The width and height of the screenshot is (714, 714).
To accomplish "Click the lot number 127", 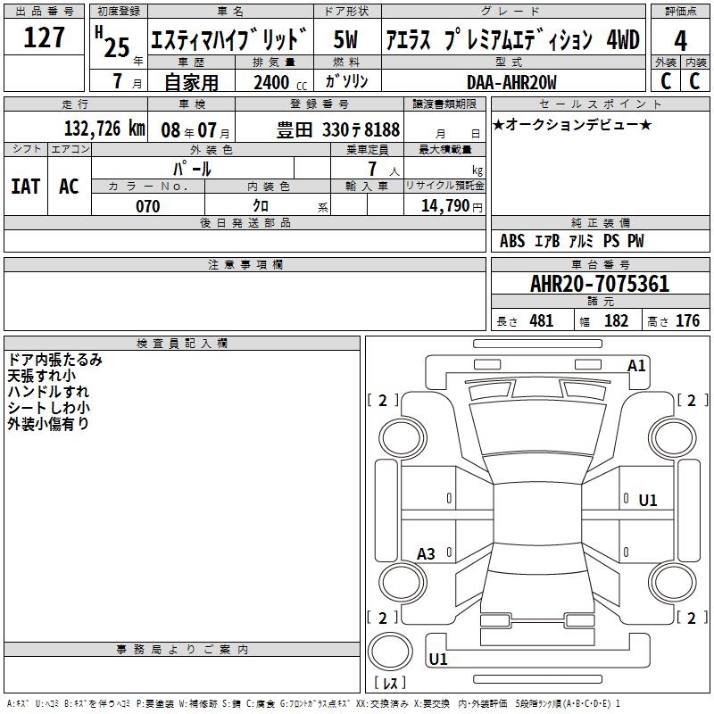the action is pos(44,37).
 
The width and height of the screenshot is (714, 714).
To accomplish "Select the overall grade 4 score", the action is pos(680,41).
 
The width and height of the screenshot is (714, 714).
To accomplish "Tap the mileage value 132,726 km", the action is pos(104,129).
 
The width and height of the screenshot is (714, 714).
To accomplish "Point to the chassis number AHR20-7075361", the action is pos(600,284).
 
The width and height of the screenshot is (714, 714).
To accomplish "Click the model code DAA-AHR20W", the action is pos(511,82).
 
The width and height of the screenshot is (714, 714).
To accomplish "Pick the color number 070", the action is pos(147,206).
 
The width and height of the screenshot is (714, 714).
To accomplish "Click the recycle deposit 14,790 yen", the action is pos(452,206).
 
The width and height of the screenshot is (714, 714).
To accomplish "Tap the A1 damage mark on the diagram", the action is pos(636,366).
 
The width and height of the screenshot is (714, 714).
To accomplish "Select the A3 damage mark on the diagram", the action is pos(426,554).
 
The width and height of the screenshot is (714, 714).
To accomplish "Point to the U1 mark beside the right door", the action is pos(648,501).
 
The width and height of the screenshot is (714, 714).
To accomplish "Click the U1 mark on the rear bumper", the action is pos(438,659).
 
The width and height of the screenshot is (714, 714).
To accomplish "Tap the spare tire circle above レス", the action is pos(390,652).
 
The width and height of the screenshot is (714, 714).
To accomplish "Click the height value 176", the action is pos(687,320).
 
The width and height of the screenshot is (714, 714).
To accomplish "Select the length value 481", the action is pos(542,320).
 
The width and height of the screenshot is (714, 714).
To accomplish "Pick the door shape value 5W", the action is pos(345,39).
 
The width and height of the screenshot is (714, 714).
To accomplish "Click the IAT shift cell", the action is pos(26,187).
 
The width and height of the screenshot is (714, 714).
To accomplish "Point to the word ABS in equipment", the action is pos(512,241).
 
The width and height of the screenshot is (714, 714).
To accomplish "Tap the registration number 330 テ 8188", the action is pos(361,129).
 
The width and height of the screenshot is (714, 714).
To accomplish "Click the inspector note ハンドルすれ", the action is pos(48,392).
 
